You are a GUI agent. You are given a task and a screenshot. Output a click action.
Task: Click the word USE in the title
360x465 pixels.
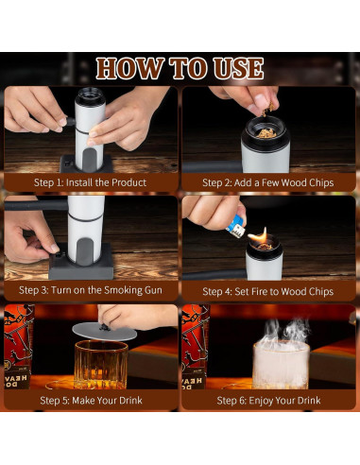(x=238, y=68)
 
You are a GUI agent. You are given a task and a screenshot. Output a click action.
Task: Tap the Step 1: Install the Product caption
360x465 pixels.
(x=90, y=182)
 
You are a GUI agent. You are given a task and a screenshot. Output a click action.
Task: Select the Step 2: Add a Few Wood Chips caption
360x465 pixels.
(x=268, y=182)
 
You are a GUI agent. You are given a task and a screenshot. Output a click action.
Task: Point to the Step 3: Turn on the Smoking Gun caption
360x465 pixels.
(x=91, y=290)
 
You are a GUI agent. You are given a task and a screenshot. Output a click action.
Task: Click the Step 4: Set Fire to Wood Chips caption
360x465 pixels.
(x=268, y=291)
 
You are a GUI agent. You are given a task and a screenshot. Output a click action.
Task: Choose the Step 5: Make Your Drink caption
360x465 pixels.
(x=91, y=400)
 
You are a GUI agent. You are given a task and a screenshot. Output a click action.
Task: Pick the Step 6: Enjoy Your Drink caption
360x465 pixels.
(x=268, y=400)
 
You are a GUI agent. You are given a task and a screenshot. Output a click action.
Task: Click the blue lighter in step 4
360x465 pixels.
(x=236, y=227)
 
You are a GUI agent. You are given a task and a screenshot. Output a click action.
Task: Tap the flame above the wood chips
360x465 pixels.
(x=260, y=235)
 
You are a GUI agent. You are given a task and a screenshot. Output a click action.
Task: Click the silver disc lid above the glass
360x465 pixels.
(x=105, y=331)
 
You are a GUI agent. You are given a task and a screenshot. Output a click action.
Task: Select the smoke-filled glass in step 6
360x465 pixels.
(x=281, y=365)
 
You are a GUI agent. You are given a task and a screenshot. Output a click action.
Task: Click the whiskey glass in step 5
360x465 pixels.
(x=101, y=365)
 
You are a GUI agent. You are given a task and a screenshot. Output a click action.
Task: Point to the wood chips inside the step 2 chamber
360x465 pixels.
(x=266, y=134)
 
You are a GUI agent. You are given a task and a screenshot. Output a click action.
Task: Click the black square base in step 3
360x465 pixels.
(x=81, y=266)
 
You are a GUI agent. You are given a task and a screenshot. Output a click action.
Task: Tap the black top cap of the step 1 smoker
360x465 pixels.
(x=90, y=96)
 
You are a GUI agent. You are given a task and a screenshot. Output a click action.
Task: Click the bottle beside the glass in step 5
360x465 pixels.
(x=18, y=347)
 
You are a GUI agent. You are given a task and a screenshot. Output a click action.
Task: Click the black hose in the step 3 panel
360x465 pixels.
(x=36, y=205)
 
